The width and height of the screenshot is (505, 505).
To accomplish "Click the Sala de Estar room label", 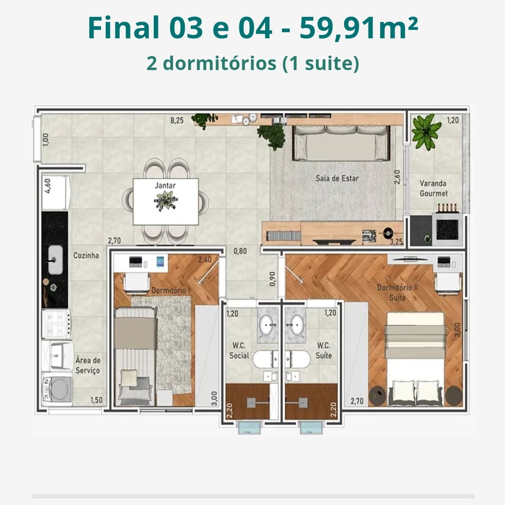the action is tap(337, 178).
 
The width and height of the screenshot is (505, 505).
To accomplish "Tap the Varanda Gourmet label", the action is tap(433, 188).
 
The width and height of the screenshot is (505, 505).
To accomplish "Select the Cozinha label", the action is tap(86, 256).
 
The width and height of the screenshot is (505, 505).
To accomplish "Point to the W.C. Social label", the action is tap(239, 350).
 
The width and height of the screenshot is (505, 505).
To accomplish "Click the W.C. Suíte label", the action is tap(324, 350).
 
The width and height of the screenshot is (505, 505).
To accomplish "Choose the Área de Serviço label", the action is tap(87, 365).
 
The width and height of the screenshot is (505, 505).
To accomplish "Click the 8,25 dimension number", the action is tap(177, 121).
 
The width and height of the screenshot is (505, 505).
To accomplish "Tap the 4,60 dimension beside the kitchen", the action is tap(47, 186).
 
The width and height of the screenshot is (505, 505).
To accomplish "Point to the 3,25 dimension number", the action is tap(396, 242).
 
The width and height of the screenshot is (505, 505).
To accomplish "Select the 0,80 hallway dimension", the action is tap(240, 251).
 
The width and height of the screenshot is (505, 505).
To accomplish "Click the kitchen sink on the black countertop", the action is tap(55, 260).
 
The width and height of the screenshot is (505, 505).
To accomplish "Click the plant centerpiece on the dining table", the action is tap(166, 201).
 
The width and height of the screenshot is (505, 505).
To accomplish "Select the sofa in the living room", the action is tap(341, 142).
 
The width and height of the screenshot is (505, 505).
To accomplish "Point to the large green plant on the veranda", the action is tap(426, 132).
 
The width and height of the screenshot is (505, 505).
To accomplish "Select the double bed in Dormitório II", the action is tap(415, 359).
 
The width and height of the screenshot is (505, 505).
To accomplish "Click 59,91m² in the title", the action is tap(359, 28).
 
